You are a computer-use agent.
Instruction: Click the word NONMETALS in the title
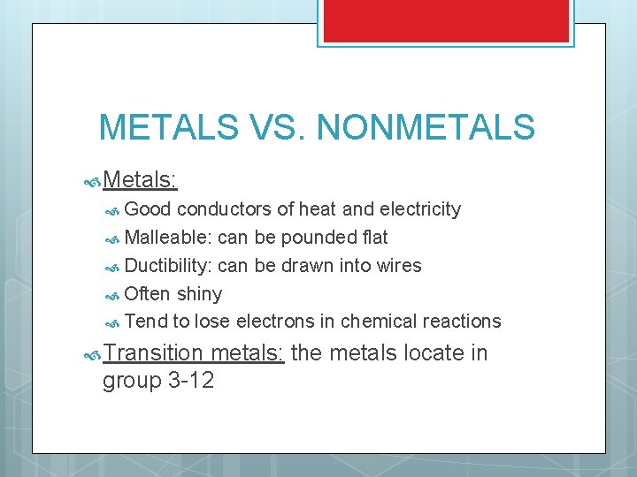point(426,127)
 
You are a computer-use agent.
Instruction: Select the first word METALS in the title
point(169,127)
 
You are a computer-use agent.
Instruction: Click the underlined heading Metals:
point(140,180)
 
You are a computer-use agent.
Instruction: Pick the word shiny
point(199,294)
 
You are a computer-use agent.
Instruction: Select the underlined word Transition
point(154,353)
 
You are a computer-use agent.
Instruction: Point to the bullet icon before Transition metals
point(91,354)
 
